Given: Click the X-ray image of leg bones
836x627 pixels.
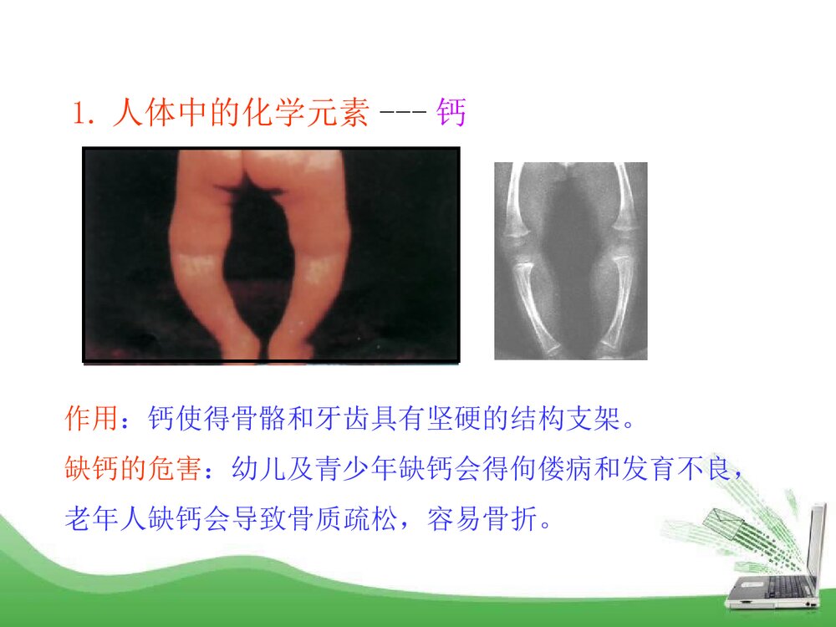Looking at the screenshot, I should point(571,261).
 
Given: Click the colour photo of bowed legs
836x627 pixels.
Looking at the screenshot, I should point(271,255).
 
